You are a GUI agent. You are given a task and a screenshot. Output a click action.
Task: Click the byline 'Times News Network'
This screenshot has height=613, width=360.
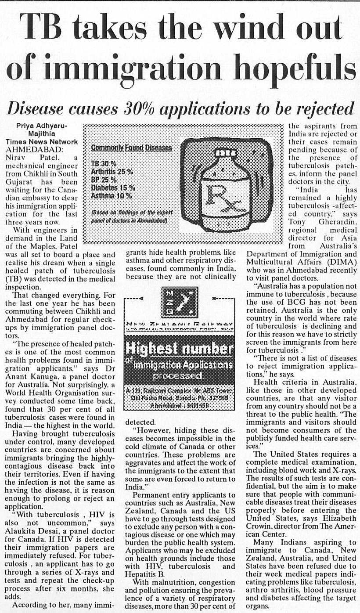pyautogui.click(x=42, y=142)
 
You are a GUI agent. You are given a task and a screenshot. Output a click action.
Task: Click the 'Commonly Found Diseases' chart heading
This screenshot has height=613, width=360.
pyautogui.click(x=131, y=148)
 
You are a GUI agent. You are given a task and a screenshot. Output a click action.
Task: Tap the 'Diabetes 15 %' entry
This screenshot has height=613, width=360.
pyautogui.click(x=113, y=188)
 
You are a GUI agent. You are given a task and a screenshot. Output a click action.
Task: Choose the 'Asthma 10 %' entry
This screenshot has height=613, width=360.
pyautogui.click(x=112, y=195)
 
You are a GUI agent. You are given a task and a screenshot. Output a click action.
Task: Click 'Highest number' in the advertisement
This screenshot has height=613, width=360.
pyautogui.click(x=179, y=349)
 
